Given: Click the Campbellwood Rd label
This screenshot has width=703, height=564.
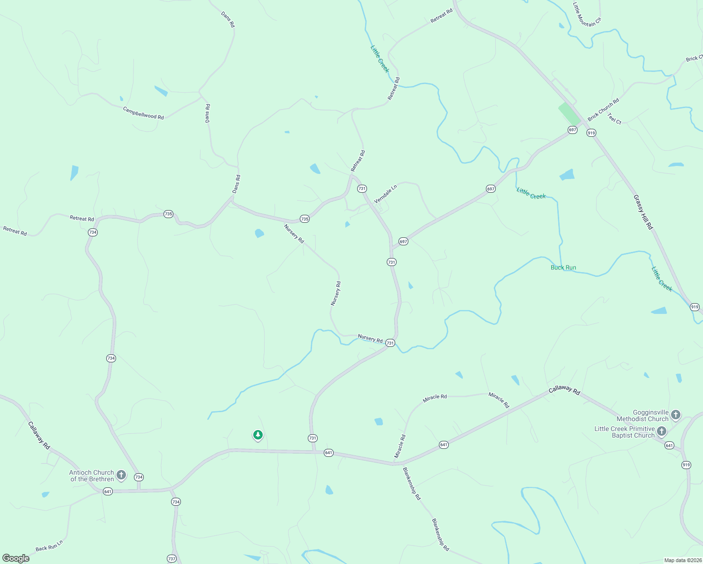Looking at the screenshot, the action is [x=143, y=113].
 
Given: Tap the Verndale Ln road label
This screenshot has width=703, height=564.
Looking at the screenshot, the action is [x=385, y=194].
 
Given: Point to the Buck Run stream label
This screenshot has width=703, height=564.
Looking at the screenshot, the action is [x=563, y=267].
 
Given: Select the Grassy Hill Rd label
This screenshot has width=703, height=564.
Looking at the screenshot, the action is [x=643, y=212].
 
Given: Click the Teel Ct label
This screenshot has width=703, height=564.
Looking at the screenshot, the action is [x=614, y=118].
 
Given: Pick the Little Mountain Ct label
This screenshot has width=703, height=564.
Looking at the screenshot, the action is [x=587, y=15].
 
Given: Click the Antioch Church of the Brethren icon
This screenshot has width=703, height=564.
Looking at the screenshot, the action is [x=121, y=475].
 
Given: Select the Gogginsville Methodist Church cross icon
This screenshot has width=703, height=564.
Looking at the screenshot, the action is [x=676, y=415].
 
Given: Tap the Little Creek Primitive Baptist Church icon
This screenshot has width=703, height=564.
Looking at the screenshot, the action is [x=662, y=431].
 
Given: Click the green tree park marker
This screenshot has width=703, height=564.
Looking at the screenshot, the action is [x=258, y=435].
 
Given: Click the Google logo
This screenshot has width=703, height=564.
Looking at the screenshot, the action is [x=16, y=558].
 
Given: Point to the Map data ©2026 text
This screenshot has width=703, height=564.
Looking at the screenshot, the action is [x=682, y=560].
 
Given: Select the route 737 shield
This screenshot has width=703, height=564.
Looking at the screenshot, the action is [x=172, y=558].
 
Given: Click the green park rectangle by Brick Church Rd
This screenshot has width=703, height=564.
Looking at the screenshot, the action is [x=570, y=114].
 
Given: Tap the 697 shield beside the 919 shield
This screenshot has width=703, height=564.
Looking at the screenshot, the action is [x=572, y=130].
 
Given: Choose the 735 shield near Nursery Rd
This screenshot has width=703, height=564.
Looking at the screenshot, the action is [x=305, y=219].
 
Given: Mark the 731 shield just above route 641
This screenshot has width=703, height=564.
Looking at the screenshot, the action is [x=312, y=438].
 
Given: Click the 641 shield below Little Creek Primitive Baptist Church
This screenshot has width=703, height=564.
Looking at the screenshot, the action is [x=670, y=445].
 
